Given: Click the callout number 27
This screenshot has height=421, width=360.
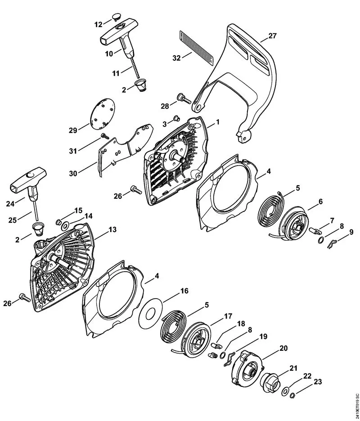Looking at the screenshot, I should coord(273,36).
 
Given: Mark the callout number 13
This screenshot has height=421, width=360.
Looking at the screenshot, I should coord(112,230).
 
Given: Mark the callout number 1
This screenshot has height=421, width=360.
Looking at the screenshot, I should coord(217,122).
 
